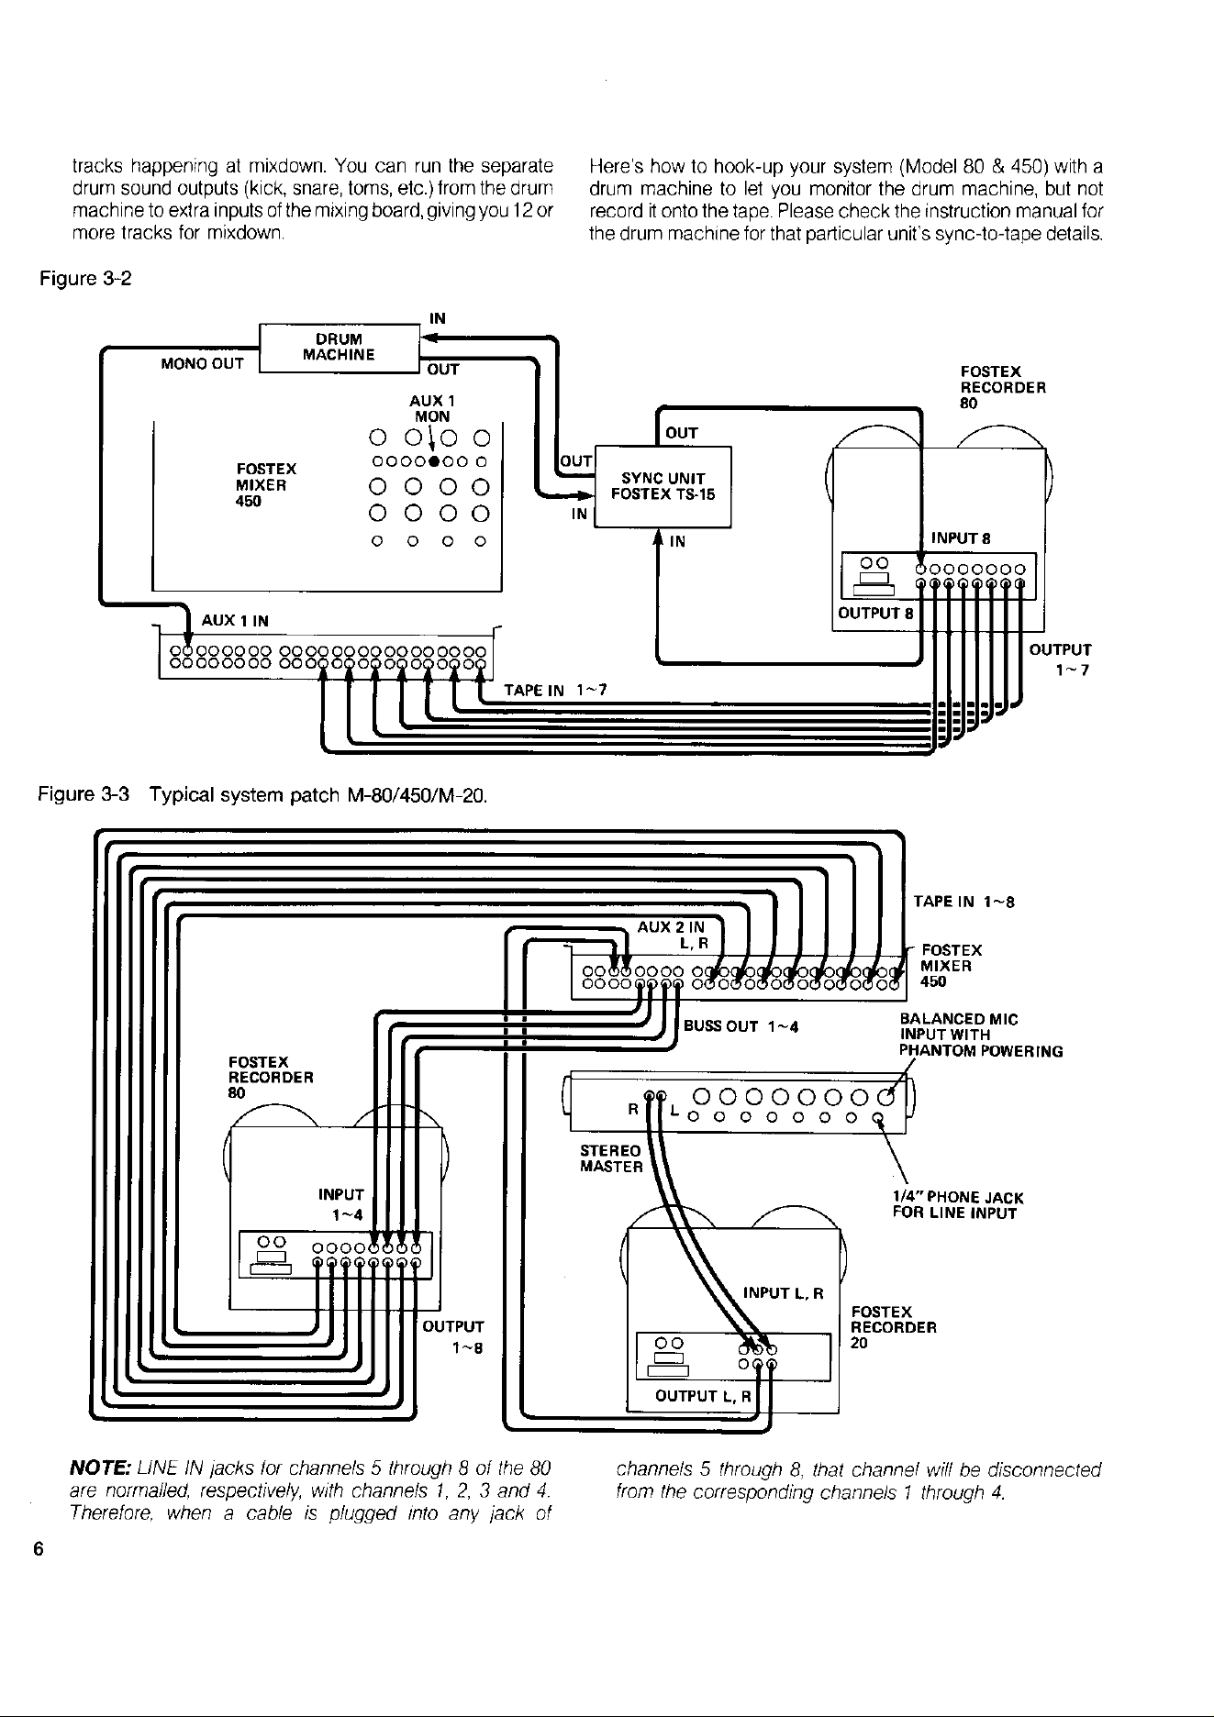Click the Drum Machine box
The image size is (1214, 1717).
tap(339, 348)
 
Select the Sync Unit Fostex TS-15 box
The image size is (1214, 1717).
tap(663, 486)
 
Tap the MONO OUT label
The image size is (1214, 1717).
tap(203, 363)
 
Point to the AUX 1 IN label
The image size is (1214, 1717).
tap(235, 621)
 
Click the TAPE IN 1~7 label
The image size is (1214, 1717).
tap(557, 689)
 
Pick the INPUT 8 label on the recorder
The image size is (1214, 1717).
tap(959, 538)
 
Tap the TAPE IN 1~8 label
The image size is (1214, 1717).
tap(963, 902)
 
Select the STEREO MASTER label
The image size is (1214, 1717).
tap(611, 1158)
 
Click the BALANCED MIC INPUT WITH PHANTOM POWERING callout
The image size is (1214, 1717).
tap(981, 1035)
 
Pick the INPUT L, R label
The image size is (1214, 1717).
tap(783, 1293)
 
